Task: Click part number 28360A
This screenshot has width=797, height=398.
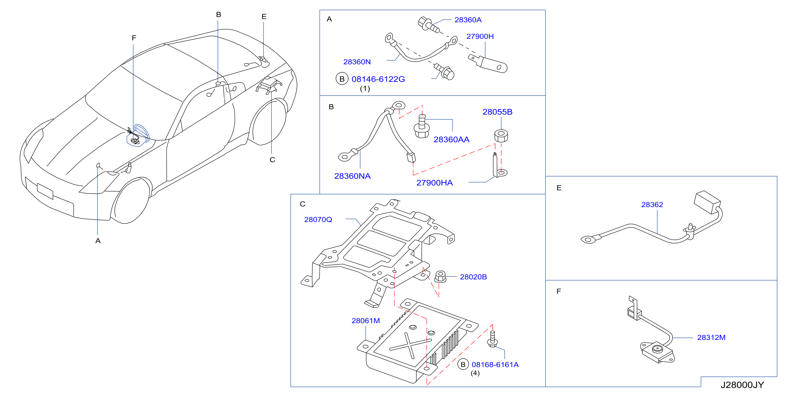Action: click(x=468, y=20)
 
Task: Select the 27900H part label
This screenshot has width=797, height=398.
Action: click(x=480, y=36)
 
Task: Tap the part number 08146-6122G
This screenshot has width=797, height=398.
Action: click(x=378, y=79)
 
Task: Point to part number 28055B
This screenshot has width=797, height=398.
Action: click(x=497, y=112)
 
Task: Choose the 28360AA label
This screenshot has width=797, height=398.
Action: click(x=451, y=139)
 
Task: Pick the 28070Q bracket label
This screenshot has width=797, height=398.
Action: click(x=318, y=219)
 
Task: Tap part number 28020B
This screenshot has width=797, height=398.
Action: click(x=473, y=277)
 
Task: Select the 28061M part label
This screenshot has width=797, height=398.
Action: click(x=366, y=321)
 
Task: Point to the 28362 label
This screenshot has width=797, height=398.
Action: click(x=652, y=205)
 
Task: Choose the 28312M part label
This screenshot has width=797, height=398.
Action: click(x=711, y=337)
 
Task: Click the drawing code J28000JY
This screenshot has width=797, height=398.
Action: click(x=742, y=385)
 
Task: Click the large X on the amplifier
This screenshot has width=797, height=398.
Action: click(x=410, y=345)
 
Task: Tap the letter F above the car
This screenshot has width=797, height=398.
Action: click(x=134, y=38)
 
